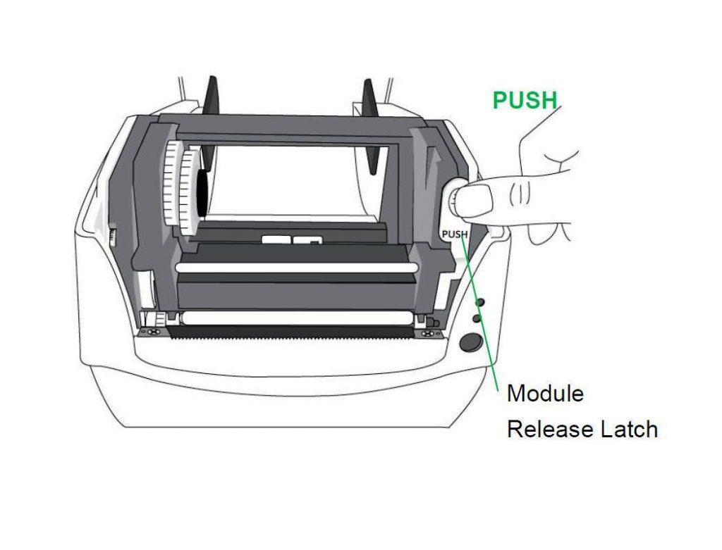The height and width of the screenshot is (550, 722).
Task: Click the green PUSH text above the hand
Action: click(x=525, y=100)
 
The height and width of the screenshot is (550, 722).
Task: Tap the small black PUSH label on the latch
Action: click(x=455, y=235)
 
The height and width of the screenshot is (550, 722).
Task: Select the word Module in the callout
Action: click(x=545, y=394)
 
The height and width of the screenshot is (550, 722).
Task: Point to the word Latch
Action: click(x=629, y=429)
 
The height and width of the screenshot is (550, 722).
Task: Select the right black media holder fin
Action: click(x=371, y=127)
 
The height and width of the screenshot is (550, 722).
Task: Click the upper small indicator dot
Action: click(x=479, y=302)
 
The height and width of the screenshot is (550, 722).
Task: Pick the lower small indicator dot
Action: click(x=477, y=318)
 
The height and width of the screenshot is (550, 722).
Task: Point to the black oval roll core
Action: click(x=202, y=192)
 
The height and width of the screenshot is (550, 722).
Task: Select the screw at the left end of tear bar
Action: click(x=152, y=332)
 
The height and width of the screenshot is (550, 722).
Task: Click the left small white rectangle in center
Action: click(x=276, y=239)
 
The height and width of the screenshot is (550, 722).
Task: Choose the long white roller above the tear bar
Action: click(x=297, y=317)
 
